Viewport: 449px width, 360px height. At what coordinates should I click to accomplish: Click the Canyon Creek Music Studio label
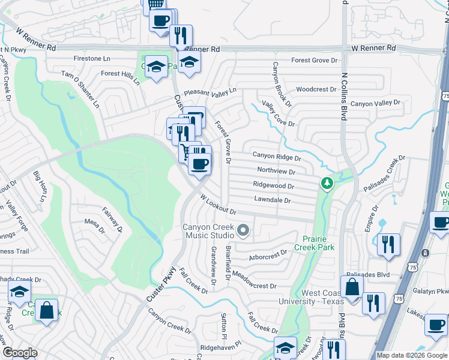point(209,230)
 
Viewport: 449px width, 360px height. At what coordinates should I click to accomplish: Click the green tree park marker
point(327,182)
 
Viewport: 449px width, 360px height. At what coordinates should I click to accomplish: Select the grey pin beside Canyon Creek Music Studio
point(243,230)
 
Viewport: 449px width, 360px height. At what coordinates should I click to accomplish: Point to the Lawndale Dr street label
point(272,200)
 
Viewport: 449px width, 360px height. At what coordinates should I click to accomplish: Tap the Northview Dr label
point(276,171)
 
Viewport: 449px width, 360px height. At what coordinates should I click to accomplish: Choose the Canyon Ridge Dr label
point(276,156)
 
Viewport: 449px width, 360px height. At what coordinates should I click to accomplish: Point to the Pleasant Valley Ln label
point(210,91)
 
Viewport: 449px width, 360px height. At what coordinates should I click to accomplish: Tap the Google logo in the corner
point(19,353)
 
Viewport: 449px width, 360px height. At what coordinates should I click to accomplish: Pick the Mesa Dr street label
point(94,225)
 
